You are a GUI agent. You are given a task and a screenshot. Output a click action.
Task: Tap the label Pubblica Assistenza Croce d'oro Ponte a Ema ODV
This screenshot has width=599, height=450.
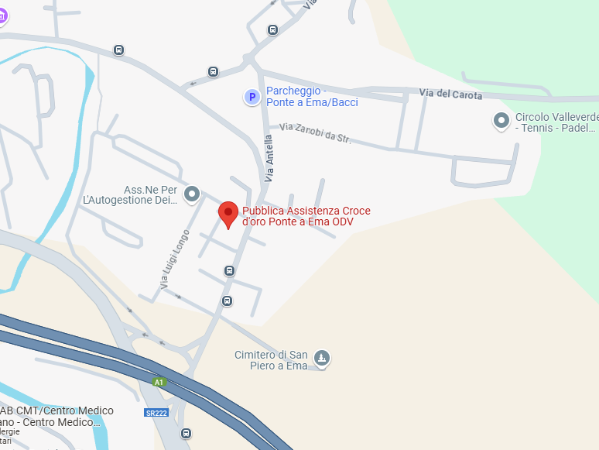coord(306,216)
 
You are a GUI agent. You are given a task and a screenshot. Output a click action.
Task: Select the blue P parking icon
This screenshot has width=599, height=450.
coord(252,97)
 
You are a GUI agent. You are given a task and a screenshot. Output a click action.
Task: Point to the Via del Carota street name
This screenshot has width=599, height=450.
coord(450,94)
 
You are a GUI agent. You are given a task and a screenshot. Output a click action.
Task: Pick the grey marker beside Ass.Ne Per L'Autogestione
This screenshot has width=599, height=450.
coord(192,194)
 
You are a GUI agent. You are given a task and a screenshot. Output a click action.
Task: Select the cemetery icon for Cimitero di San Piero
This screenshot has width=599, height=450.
coord(323,357)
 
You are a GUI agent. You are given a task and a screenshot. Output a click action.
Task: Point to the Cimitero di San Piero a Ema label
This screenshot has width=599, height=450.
coord(271,360)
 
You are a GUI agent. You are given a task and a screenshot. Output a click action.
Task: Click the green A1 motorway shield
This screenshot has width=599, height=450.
coord(159,382)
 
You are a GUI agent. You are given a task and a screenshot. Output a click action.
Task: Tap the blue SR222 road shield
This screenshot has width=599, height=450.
coord(156,413)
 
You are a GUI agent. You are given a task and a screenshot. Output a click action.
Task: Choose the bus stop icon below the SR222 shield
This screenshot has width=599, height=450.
coord(186,433)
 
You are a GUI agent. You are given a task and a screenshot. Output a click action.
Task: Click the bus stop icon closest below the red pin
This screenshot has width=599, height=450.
coord(229,270)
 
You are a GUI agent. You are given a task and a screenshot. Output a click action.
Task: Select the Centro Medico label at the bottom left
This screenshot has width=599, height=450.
coord(54,417)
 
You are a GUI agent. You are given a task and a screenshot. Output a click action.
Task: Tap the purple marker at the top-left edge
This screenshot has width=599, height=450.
coord(2,16)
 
